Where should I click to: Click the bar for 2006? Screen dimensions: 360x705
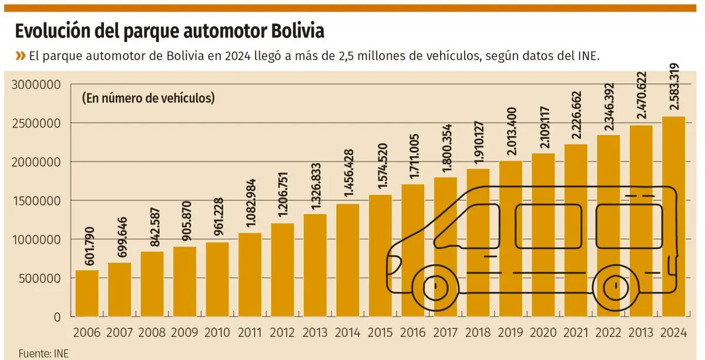click(87, 293)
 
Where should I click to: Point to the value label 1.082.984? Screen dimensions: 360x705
click(250, 205)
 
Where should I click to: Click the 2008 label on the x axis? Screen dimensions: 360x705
click(152, 333)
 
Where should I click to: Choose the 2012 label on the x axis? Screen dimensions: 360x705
click(283, 333)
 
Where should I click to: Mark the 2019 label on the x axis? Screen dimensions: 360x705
click(511, 333)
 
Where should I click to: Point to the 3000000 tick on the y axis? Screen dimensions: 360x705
click(36, 85)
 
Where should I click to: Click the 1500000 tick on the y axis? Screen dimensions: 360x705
click(36, 201)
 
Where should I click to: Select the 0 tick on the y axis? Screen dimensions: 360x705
click(57, 317)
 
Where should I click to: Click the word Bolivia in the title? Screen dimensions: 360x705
click(297, 31)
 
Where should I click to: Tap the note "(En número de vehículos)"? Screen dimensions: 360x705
click(148, 98)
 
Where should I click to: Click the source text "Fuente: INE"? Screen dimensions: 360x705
click(39, 354)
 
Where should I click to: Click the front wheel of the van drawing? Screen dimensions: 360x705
click(435, 286)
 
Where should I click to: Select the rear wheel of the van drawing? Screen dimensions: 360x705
click(616, 286)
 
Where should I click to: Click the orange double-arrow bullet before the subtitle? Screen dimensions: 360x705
click(21, 56)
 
